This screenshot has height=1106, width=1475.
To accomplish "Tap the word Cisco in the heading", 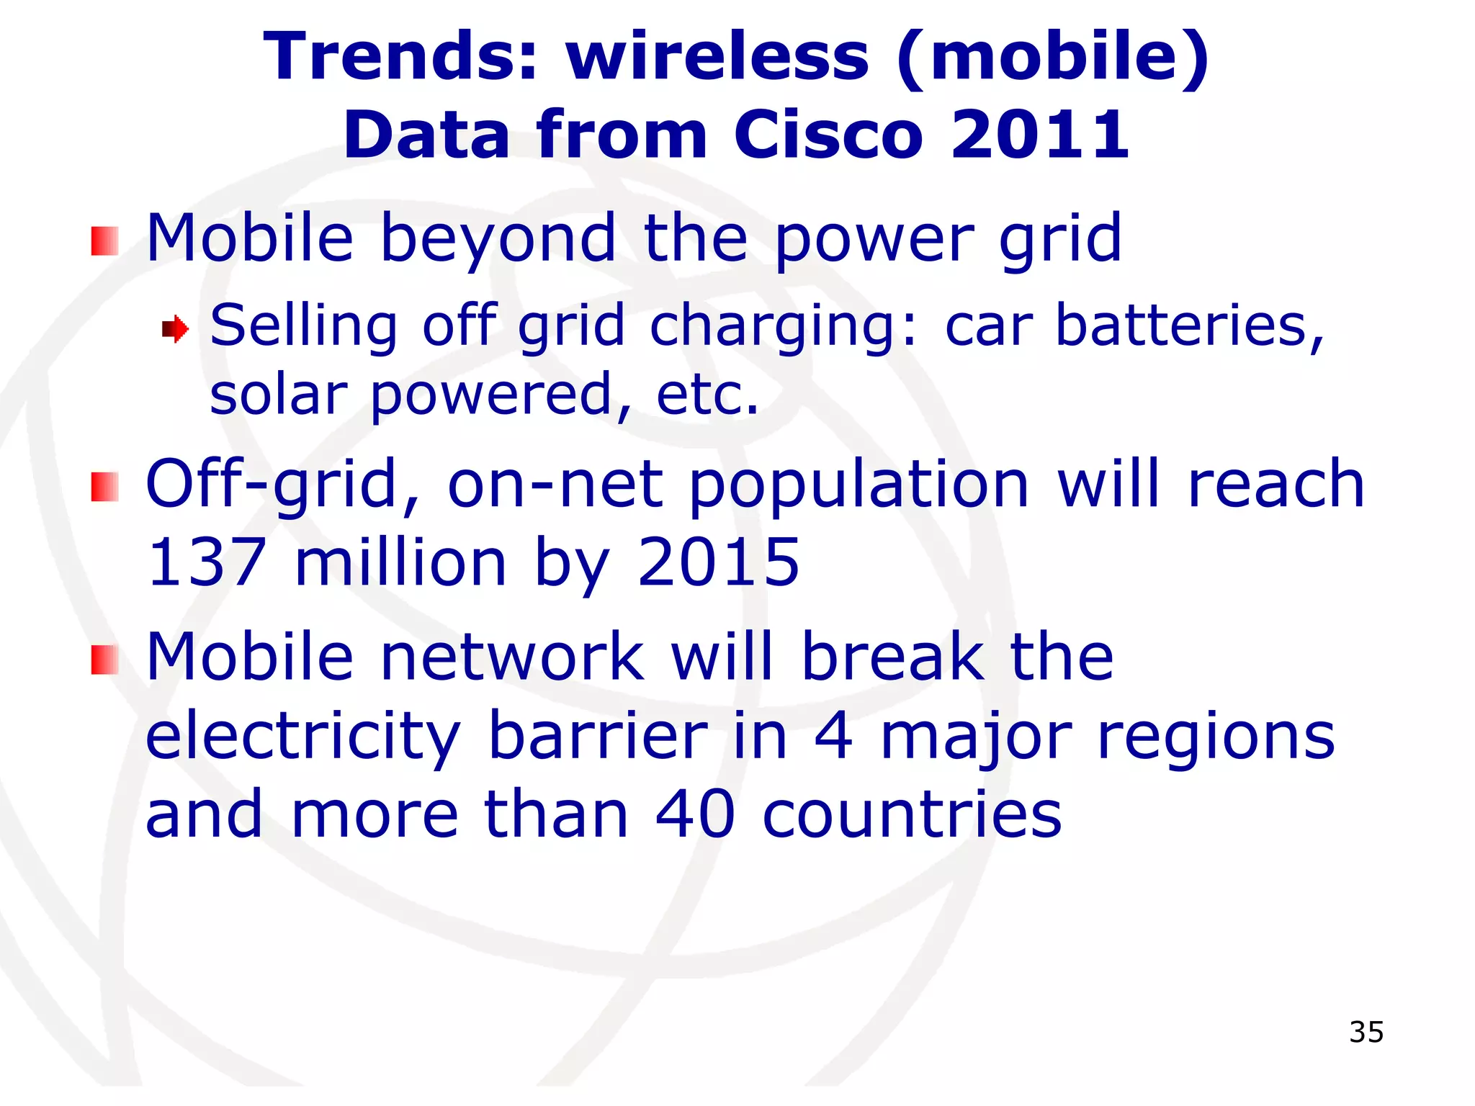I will coord(828,135).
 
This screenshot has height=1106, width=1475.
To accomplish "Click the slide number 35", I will coord(1366,1032).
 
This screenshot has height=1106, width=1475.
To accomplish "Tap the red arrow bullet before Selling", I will coord(175,330).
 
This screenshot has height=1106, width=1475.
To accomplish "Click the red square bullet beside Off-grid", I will coord(105,487).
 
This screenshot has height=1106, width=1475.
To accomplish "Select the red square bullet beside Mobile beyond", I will coord(105,240).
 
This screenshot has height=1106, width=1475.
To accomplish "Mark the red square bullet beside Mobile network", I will coord(105,660).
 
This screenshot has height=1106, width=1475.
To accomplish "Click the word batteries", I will coord(1188,325).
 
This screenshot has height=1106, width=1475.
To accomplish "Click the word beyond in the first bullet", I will coord(498,239).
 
